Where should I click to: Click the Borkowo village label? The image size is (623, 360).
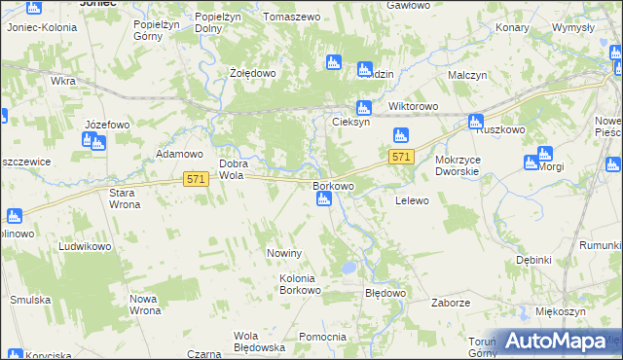333,184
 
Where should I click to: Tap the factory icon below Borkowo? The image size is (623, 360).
324,200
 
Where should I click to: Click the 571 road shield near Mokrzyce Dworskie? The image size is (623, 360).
401,157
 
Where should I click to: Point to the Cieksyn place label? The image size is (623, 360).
350,123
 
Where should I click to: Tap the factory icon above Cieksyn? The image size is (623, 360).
364,108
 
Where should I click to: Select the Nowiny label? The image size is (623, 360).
286,253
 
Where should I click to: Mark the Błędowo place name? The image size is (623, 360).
384,293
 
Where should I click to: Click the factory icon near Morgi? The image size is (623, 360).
544,154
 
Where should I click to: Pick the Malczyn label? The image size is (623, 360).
467,74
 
